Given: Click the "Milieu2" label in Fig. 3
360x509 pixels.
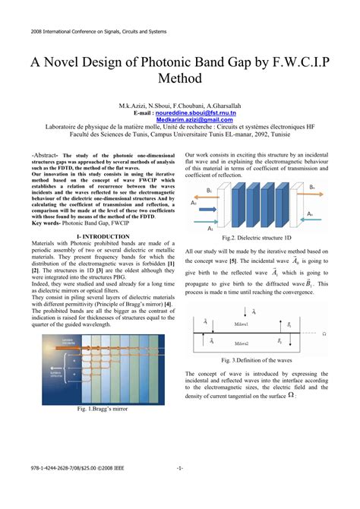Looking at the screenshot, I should [245, 344].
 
